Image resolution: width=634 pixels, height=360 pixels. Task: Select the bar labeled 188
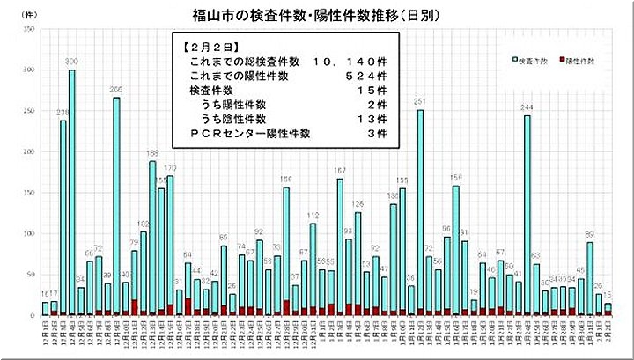pyautogui.click(x=152, y=238)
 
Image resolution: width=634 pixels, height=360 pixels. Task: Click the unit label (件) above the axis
pyautogui.click(x=30, y=16)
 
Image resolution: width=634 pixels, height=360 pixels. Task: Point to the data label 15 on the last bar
pyautogui.click(x=608, y=296)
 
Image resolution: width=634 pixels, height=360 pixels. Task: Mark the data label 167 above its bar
pyautogui.click(x=340, y=171)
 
